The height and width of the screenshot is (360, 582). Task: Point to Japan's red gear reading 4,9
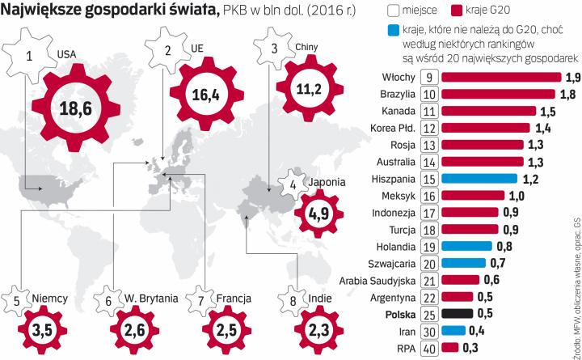(315, 214)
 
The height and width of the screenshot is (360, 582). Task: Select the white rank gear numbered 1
(30, 56)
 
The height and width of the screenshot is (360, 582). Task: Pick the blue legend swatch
(393, 31)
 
